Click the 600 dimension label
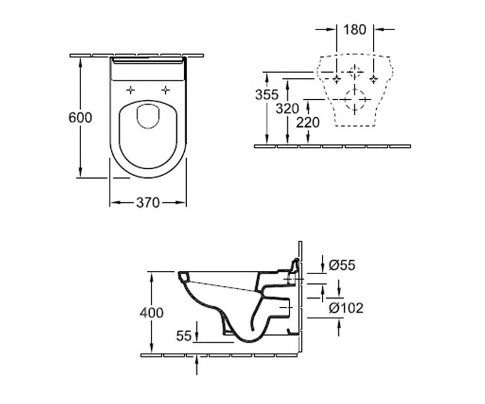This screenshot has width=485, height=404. pyautogui.click(x=80, y=118)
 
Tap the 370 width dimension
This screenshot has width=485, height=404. pyautogui.click(x=148, y=203)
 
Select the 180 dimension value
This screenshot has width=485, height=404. pyautogui.click(x=355, y=30)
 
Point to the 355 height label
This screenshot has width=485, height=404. pyautogui.click(x=267, y=95)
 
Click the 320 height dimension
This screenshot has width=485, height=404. pyautogui.click(x=287, y=108)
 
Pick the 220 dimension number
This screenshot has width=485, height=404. pyautogui.click(x=308, y=122)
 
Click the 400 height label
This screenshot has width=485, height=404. pyautogui.click(x=152, y=313)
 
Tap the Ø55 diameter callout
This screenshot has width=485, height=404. pyautogui.click(x=342, y=265)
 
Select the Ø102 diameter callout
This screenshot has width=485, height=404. pyautogui.click(x=346, y=308)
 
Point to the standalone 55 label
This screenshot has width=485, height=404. pyautogui.click(x=184, y=336)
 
